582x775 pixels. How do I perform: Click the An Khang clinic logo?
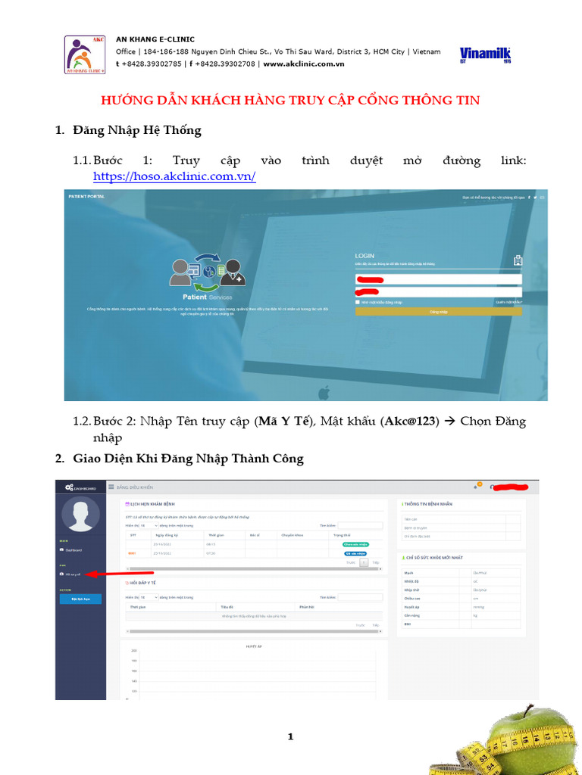(x=84, y=54)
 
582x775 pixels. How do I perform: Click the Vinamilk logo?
(x=485, y=55)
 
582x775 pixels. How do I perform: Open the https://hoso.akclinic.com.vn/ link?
(x=174, y=176)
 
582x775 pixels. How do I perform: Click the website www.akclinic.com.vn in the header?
(x=304, y=64)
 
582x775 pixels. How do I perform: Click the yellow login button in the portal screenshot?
(x=438, y=311)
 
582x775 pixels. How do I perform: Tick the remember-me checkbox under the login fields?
(x=358, y=302)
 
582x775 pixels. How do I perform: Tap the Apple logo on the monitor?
(x=324, y=392)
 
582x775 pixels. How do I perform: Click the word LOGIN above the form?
(x=365, y=256)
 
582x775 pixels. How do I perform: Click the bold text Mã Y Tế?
(x=284, y=422)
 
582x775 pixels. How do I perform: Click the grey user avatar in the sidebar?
(x=80, y=517)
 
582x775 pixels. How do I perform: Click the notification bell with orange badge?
(x=476, y=487)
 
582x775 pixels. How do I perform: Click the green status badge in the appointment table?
(x=355, y=543)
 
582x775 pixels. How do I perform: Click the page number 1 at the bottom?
(x=290, y=737)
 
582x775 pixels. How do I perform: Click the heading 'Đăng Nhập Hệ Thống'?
(x=137, y=130)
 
